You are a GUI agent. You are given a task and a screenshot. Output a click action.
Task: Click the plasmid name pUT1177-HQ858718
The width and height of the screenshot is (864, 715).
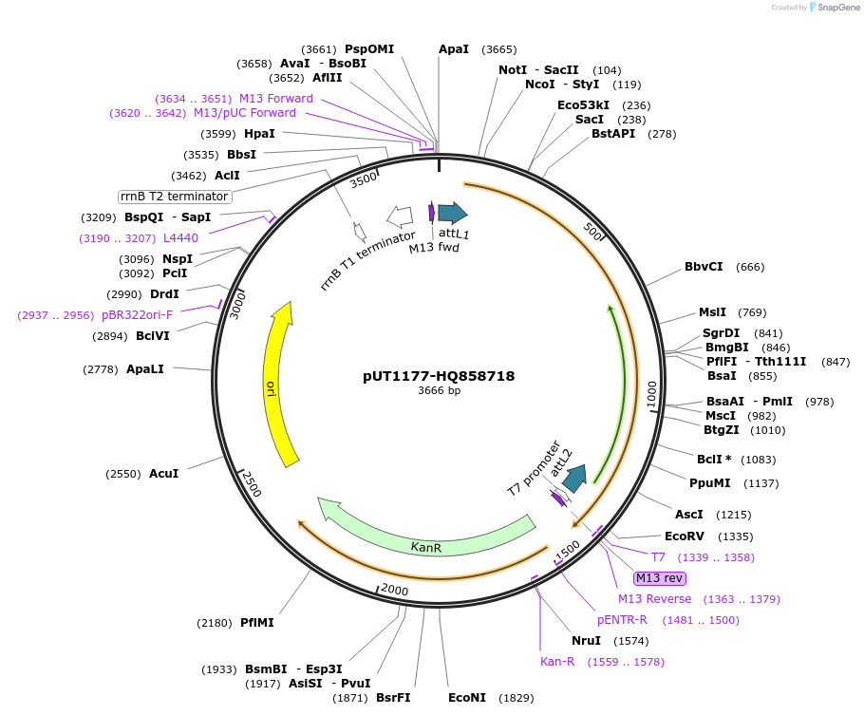pyautogui.click(x=439, y=376)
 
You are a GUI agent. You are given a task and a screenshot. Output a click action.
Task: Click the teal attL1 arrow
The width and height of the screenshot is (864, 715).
pyautogui.click(x=452, y=213)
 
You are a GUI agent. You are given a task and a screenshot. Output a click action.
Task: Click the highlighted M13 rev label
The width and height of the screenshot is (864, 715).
pyautogui.click(x=660, y=578)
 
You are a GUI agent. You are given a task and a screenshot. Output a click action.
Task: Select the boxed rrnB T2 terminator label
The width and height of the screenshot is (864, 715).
pyautogui.click(x=175, y=197)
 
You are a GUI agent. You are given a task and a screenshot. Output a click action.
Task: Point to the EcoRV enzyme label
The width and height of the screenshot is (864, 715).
pyautogui.click(x=684, y=536)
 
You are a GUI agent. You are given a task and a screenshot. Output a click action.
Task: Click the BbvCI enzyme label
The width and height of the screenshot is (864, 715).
pyautogui.click(x=704, y=267)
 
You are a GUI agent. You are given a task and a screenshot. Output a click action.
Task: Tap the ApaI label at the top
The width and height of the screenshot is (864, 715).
pyautogui.click(x=454, y=49)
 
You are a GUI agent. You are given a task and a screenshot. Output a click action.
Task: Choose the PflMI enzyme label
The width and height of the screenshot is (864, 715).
pyautogui.click(x=256, y=623)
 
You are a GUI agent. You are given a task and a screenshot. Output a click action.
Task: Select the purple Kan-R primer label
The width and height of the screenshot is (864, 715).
pyautogui.click(x=557, y=662)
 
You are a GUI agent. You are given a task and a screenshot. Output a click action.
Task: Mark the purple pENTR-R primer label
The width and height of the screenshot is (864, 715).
pyautogui.click(x=622, y=620)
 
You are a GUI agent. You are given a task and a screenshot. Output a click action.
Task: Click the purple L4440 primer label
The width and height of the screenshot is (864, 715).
pyautogui.click(x=180, y=238)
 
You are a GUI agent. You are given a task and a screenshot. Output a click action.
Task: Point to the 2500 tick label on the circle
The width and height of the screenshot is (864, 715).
pyautogui.click(x=249, y=483)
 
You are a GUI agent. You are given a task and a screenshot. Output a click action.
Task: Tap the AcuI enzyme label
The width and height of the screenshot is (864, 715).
pyautogui.click(x=163, y=474)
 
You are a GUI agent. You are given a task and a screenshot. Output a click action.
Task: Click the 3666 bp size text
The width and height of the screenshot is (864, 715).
pyautogui.click(x=439, y=390)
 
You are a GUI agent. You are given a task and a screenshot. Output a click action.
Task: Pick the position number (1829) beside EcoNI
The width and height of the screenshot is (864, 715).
pyautogui.click(x=517, y=698)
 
